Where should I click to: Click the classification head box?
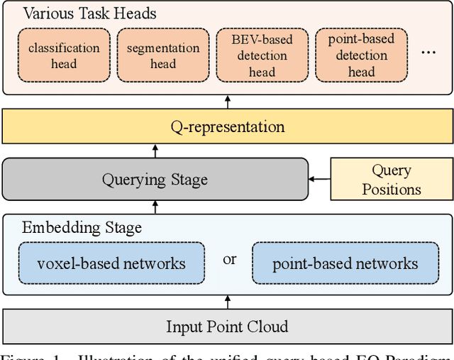pos(64,55)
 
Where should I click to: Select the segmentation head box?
pos(162,55)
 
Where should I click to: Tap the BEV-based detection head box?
pos(262,55)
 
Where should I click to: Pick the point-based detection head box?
pos(361,55)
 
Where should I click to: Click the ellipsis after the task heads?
pos(429,51)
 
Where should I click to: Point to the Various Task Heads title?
pos(89,13)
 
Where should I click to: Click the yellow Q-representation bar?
pos(227,127)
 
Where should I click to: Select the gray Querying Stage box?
pos(155,179)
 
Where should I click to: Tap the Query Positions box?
pos(392,179)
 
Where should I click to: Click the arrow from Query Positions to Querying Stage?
pos(320,179)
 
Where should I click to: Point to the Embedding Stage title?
pos(82,227)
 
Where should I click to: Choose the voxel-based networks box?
pos(111,264)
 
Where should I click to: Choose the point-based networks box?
pos(345,264)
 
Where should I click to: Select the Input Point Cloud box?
pos(227,327)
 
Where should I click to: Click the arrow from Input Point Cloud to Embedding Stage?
pos(227,302)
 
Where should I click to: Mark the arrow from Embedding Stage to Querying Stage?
pos(156,207)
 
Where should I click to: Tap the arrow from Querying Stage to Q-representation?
pos(156,151)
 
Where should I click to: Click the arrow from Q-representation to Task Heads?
pos(227,103)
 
